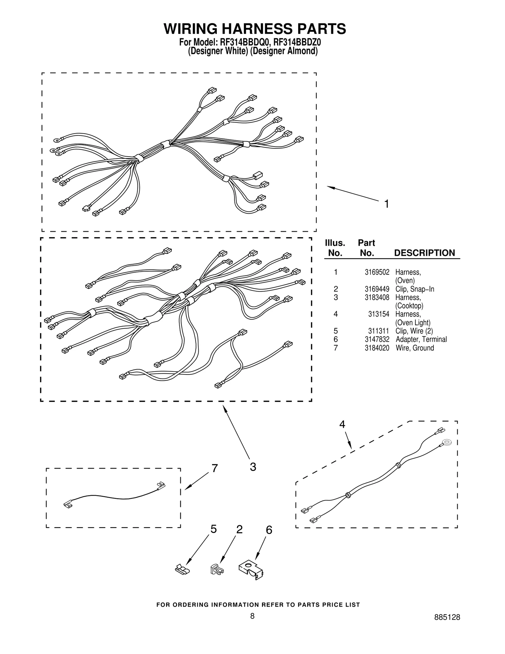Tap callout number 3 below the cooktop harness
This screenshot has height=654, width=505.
tap(253, 467)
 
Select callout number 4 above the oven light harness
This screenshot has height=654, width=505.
tap(342, 425)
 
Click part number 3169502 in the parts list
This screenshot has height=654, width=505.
tap(377, 272)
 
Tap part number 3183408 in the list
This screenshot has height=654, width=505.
tap(377, 297)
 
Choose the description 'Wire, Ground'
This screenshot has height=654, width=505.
tap(415, 348)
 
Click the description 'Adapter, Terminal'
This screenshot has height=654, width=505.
tap(421, 339)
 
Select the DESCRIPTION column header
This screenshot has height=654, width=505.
tap(425, 253)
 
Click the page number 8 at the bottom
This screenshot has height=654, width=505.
tap(252, 616)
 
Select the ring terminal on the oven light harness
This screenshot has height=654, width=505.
tap(446, 442)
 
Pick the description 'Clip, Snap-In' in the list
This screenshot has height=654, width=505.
tap(415, 289)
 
